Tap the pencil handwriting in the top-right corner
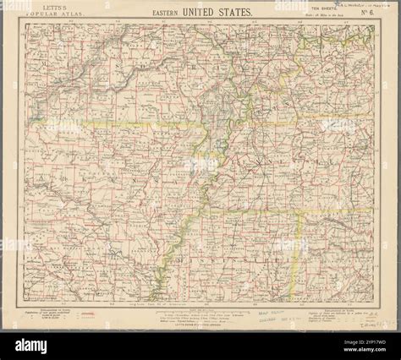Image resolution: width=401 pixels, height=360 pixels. [343, 6]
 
